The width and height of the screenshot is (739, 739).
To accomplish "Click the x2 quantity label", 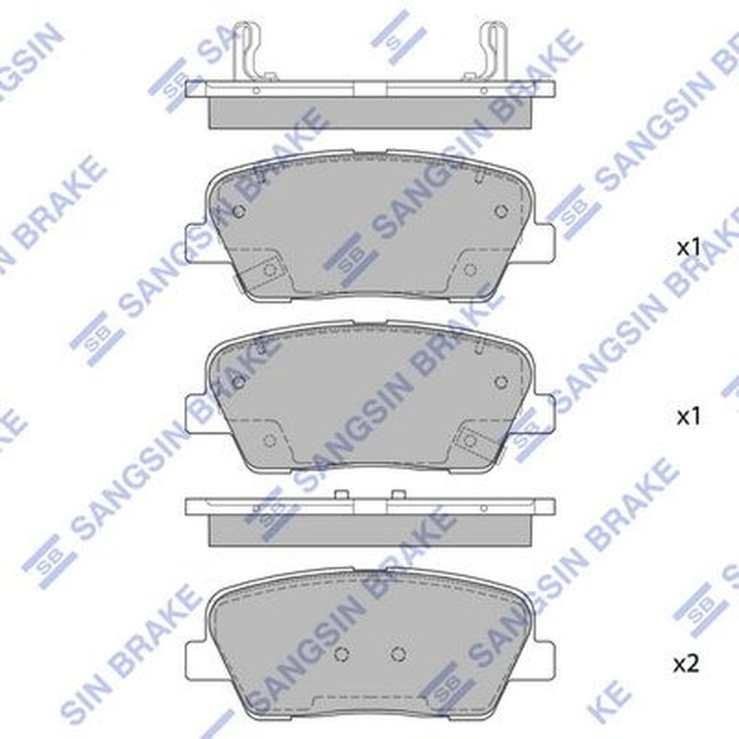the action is coord(686,665).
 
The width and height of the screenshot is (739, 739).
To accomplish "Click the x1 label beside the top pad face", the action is coord(689,248).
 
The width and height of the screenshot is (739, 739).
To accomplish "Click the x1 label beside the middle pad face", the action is coord(689,417).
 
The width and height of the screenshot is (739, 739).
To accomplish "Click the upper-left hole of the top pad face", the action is coord(239,211).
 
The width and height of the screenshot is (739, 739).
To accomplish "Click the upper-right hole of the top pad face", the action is coord(502,211).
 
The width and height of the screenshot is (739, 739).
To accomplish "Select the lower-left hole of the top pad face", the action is coord(270,270).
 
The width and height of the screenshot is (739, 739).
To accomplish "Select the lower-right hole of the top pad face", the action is coord(470,270).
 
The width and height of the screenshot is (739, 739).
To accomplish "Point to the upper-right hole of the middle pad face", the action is coord(502,381).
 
